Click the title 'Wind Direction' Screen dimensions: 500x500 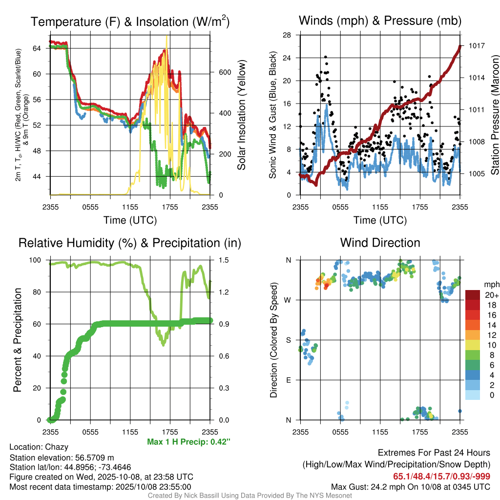tap(380, 243)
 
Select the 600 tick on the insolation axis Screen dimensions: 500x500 tap(224, 72)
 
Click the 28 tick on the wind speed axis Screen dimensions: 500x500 tap(287, 35)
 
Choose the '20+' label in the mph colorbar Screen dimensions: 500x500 tap(491, 295)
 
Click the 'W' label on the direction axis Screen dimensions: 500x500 tap(288, 300)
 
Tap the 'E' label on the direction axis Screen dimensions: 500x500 tap(288, 380)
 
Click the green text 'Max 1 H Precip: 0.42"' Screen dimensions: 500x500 tap(188, 442)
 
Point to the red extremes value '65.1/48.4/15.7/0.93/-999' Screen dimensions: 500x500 tap(441, 476)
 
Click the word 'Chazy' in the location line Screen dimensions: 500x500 tap(57, 447)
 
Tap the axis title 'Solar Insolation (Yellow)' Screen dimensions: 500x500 tap(241, 115)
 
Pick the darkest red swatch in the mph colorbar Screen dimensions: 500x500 tap(472, 295)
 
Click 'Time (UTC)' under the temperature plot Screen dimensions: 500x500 tap(130, 220)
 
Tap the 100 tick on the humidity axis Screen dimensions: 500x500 tap(37, 260)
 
